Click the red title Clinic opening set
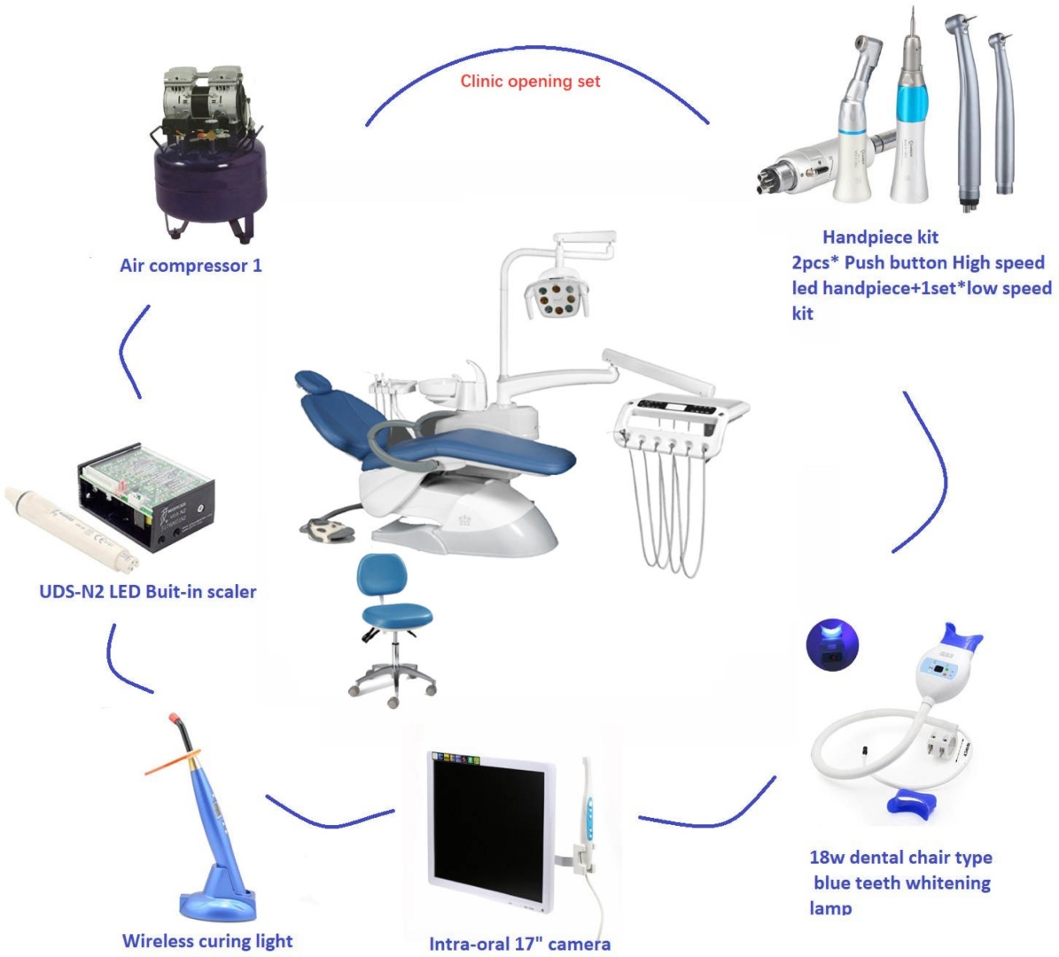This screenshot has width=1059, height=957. pyautogui.click(x=530, y=81)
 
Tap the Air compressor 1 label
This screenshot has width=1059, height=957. pyautogui.click(x=191, y=266)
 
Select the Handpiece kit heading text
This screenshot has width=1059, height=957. pyautogui.click(x=880, y=237)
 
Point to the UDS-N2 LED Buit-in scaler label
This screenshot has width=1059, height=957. pyautogui.click(x=148, y=592)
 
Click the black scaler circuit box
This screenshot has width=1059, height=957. pyautogui.click(x=146, y=497)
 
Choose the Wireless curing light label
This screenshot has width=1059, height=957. pyautogui.click(x=207, y=941)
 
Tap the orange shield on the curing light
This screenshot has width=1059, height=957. pyautogui.click(x=173, y=762)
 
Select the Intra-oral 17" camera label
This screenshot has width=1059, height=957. pyautogui.click(x=519, y=944)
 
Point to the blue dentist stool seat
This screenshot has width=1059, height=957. pyautogui.click(x=397, y=615)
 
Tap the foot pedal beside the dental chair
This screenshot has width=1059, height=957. pyautogui.click(x=329, y=530)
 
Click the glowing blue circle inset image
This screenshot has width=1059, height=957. pyautogui.click(x=832, y=644)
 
